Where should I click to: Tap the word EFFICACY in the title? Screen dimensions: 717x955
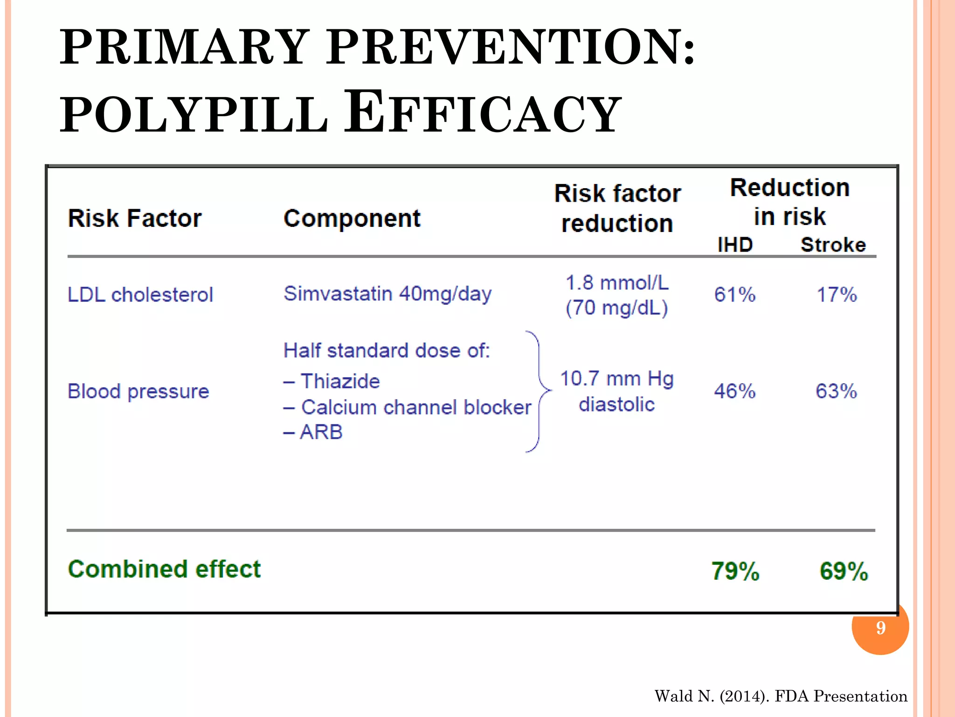pos(483,112)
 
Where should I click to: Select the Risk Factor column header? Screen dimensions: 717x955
pos(135,218)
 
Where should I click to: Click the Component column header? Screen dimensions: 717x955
pos(352,218)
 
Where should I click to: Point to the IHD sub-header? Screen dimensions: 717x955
pos(735,245)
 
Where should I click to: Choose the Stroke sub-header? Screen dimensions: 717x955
pos(833,245)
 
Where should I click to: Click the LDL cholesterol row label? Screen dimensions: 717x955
pos(140,295)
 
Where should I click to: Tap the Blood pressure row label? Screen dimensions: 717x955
pos(138,391)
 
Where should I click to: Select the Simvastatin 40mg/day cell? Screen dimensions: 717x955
pos(388,294)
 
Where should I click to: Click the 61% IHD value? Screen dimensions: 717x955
pos(735,295)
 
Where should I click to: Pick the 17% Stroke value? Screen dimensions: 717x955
pos(837,295)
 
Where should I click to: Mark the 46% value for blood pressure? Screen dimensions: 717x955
pos(735,391)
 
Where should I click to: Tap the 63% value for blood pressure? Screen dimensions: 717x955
pos(837,391)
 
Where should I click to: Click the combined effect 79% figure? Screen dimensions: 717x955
pos(735,571)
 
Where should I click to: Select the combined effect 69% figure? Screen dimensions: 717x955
pos(844,571)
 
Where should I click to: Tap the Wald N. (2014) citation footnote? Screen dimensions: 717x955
pos(781,696)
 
